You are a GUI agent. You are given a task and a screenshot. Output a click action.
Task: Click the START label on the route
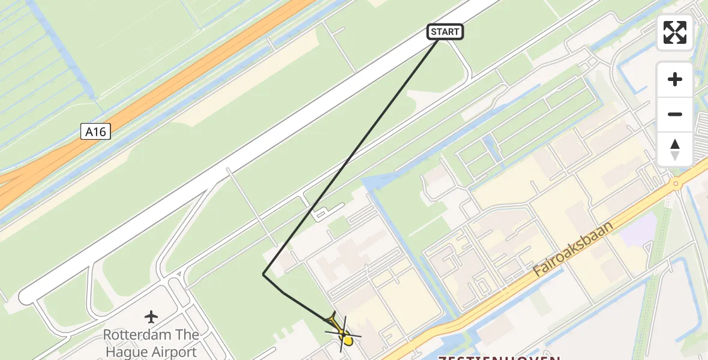pyautogui.click(x=445, y=32)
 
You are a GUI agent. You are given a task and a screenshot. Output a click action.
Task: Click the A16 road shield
pyautogui.click(x=96, y=131)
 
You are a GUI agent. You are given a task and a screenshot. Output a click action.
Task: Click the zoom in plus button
pyautogui.click(x=675, y=79)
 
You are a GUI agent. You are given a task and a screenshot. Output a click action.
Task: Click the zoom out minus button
pyautogui.click(x=675, y=114)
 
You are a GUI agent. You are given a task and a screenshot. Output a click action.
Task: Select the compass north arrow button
pyautogui.click(x=675, y=149)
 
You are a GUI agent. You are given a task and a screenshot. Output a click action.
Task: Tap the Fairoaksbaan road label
pyautogui.click(x=573, y=249)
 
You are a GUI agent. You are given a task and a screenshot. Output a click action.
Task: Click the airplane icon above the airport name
pyautogui.click(x=151, y=316)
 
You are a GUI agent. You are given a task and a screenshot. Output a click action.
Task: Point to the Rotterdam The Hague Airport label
pyautogui.click(x=151, y=343)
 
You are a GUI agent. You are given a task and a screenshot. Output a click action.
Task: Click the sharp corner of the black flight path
pyautogui.click(x=263, y=275)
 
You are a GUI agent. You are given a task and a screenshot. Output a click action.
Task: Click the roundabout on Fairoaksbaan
pyautogui.click(x=676, y=184)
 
